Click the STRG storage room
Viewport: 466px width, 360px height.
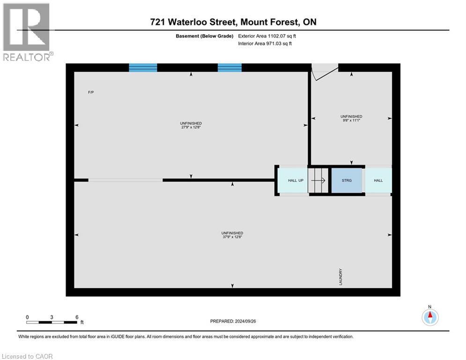347,180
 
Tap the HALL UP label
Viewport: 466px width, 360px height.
296,180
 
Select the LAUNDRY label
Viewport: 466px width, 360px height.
340,277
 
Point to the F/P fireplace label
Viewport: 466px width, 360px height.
91,92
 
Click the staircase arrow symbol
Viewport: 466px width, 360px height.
318,180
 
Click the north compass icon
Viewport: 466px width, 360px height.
430,317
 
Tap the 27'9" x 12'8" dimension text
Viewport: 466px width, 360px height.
191,127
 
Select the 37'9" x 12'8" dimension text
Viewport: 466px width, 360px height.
232,237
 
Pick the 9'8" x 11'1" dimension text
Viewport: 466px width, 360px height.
351,120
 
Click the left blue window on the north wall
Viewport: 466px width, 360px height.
143,67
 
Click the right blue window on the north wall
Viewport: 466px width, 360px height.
230,67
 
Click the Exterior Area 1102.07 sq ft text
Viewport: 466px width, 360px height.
267,36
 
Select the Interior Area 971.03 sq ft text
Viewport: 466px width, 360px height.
265,44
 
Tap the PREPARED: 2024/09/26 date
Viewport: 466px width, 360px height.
233,321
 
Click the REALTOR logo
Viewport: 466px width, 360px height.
27,32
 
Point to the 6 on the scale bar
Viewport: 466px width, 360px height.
77,317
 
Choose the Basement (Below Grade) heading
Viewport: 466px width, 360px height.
205,36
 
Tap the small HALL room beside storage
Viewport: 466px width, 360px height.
378,180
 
